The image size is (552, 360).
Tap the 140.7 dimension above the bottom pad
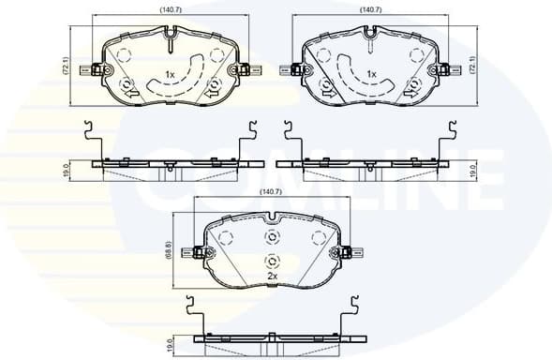(272, 193)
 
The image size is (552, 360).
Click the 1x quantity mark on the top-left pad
(170, 74)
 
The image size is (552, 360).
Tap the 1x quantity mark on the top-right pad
(371, 74)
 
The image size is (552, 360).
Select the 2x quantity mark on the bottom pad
(272, 277)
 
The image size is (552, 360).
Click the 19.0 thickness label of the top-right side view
(474, 172)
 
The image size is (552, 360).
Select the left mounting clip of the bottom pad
(197, 251)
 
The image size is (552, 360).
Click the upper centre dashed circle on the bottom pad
(273, 236)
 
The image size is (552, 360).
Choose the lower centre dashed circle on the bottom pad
(273, 262)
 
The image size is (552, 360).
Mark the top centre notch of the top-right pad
(371, 39)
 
